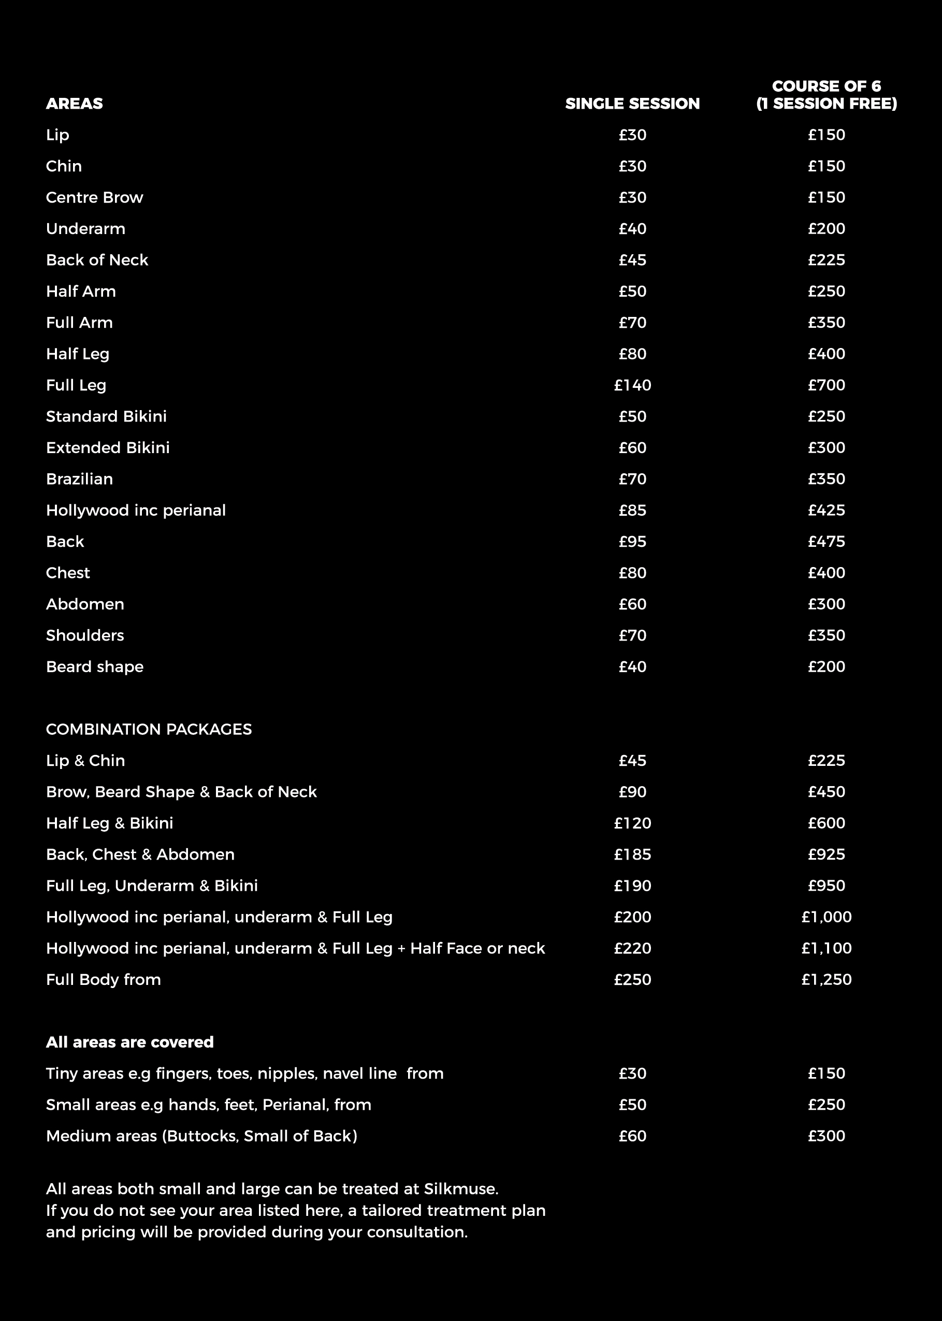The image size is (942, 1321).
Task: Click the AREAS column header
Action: click(74, 104)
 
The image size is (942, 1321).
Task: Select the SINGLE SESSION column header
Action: click(632, 104)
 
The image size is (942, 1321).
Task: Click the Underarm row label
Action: click(85, 229)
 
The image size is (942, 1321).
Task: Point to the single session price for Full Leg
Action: click(632, 386)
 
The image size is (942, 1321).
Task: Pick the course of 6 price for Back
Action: click(826, 542)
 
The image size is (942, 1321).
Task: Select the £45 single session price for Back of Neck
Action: click(632, 260)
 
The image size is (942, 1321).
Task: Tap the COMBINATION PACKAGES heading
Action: click(149, 730)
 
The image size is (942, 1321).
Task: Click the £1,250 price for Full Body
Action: click(826, 980)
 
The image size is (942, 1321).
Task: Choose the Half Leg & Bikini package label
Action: click(109, 823)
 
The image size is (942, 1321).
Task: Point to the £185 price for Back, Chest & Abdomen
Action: click(632, 855)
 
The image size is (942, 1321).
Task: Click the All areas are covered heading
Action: click(129, 1042)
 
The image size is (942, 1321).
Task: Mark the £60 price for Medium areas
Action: click(632, 1137)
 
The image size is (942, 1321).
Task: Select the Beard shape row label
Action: click(95, 667)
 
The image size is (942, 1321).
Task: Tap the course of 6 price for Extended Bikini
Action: click(826, 448)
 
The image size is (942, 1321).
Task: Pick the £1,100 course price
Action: click(826, 949)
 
